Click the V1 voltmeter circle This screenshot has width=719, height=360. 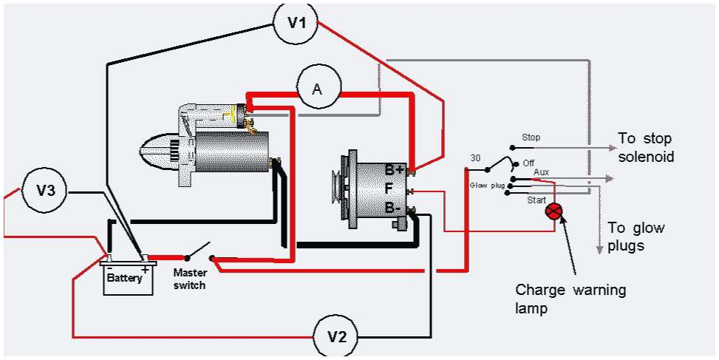point(296,23)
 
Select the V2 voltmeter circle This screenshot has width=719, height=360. point(336,337)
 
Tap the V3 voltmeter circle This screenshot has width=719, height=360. point(46,191)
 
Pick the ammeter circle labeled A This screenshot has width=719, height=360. point(318,89)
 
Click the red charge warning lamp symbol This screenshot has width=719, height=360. point(554,212)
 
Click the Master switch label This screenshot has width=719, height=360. point(190,278)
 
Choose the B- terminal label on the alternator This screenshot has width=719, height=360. point(393,208)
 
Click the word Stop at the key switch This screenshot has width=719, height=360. point(531,137)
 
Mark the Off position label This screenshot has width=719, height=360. point(528,163)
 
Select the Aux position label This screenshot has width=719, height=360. point(541,171)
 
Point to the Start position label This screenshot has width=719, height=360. point(536,200)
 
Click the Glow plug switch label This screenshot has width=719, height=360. point(486,186)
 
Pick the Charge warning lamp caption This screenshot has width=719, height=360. point(570,299)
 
